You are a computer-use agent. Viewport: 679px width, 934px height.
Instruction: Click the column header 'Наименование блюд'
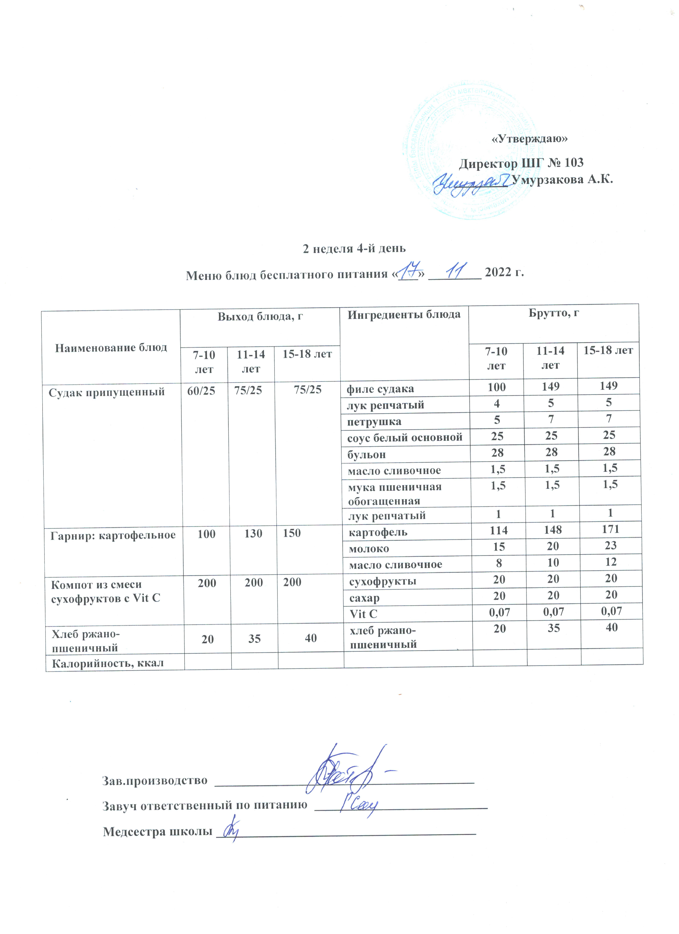[111, 348]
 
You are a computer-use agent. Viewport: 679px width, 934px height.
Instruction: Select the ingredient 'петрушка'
[374, 421]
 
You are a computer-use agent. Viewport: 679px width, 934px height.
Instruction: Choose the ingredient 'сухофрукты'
[382, 581]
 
